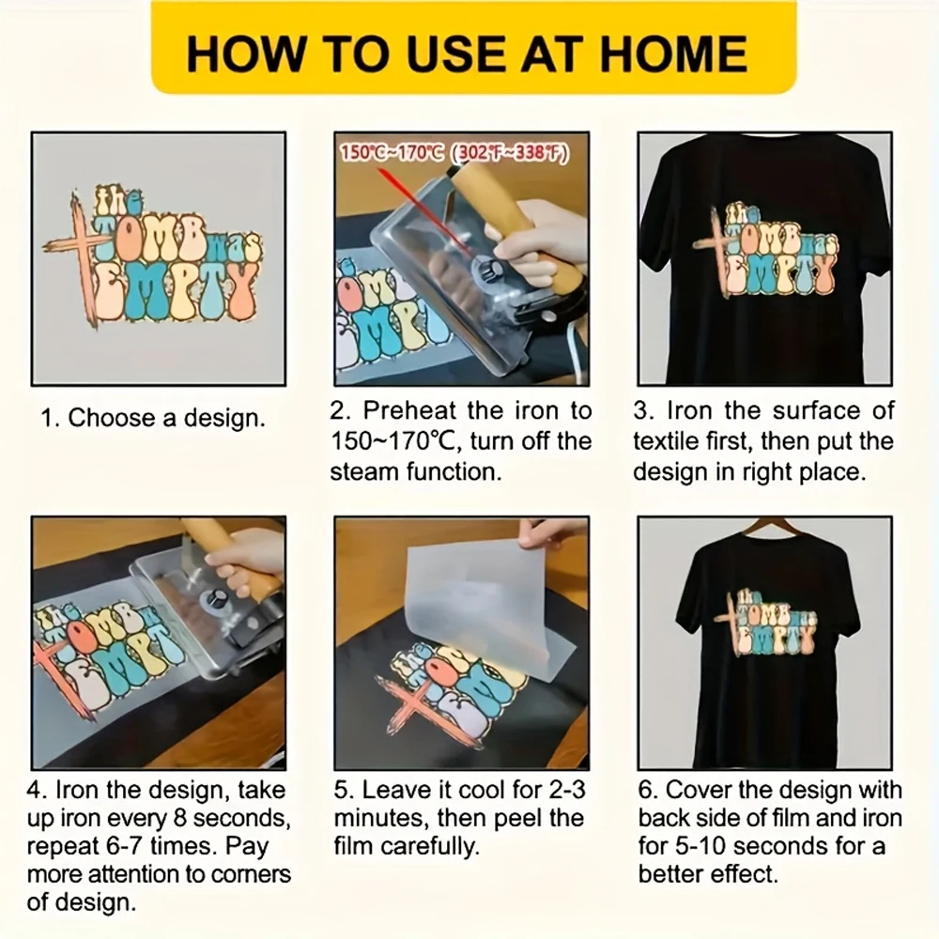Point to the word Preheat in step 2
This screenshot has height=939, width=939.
408,410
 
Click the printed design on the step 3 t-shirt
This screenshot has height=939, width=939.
765,254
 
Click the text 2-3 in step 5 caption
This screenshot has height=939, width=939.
558,791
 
